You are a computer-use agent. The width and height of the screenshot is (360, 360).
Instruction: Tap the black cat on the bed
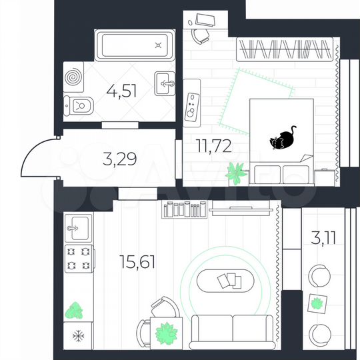coord(283,139)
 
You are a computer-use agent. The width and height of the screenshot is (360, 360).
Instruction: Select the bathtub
coord(135,45)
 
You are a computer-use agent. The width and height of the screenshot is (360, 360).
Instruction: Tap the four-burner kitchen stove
coord(77,259)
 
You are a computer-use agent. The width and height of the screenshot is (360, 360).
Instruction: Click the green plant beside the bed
coord(236,173)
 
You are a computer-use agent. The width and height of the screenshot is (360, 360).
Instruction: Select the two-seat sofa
coord(231,329)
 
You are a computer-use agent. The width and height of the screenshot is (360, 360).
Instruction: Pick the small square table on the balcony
coord(317,304)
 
